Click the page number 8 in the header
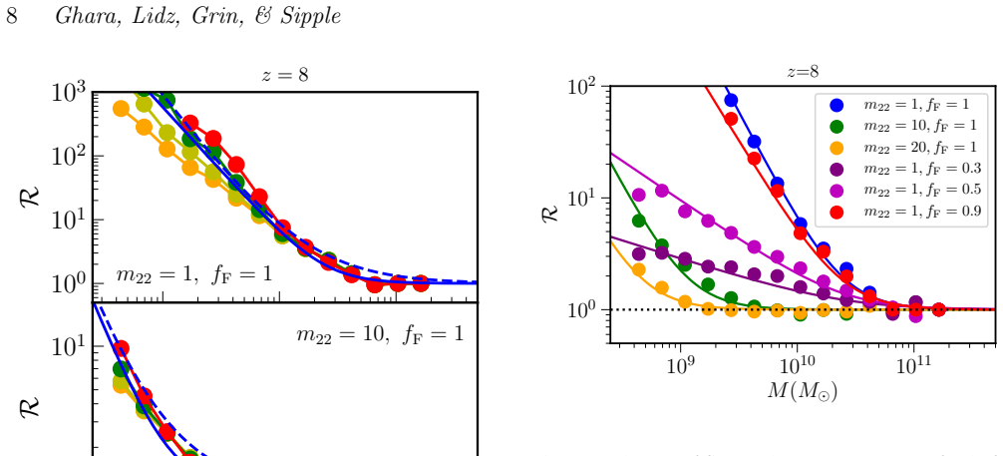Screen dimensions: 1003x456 point(12,16)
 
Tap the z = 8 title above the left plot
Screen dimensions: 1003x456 point(285,75)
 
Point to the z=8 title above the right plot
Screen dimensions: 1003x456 point(803,71)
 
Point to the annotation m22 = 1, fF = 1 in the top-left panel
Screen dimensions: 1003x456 point(193,274)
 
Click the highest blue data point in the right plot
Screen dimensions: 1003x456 point(731,100)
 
